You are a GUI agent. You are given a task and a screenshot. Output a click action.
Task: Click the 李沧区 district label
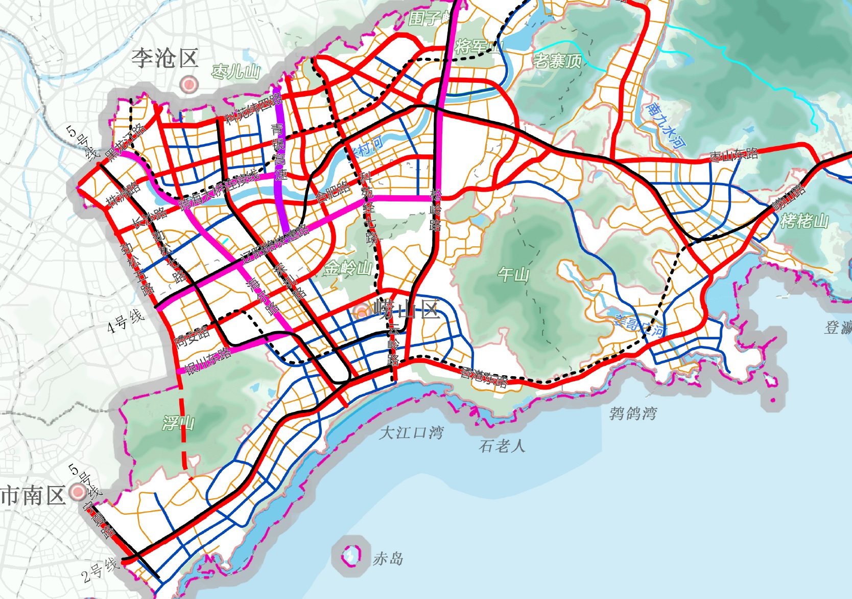click(164, 58)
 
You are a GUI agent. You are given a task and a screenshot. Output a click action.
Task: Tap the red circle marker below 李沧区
click(189, 84)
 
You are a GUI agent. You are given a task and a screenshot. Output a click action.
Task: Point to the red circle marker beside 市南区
click(78, 492)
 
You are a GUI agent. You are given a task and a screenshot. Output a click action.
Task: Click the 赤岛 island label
click(388, 559)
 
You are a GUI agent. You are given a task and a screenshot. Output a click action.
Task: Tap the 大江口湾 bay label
click(411, 433)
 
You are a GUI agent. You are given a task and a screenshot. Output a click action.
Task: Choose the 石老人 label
click(502, 446)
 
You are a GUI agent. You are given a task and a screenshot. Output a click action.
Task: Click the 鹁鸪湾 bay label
click(632, 413)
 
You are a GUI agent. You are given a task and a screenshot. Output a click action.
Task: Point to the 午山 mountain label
click(513, 274)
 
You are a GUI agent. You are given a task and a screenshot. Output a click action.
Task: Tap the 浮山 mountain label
click(178, 423)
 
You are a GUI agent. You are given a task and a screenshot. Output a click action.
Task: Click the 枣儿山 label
click(236, 72)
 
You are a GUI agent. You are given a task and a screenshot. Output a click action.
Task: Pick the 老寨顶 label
click(557, 61)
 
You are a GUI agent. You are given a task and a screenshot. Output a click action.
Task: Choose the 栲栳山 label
click(804, 221)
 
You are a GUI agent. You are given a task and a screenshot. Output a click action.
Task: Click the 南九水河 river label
click(666, 125)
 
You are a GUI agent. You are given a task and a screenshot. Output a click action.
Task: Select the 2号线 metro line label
click(101, 570)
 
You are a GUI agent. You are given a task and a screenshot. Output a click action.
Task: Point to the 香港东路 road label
click(483, 377)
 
